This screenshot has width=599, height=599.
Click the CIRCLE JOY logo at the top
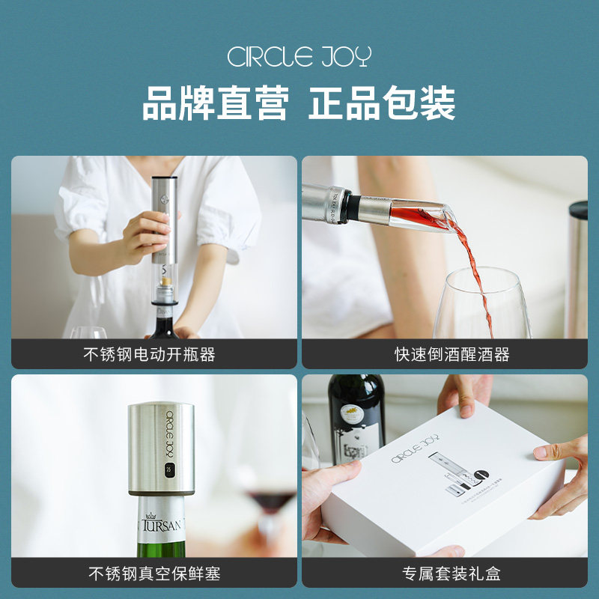tap(299, 58)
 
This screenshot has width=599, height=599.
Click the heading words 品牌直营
tap(215, 103)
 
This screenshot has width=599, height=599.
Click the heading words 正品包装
tap(383, 103)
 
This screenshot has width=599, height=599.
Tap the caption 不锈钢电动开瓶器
tap(149, 354)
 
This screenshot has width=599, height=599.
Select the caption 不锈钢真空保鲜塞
tap(154, 574)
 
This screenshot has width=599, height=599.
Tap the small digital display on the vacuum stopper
tap(169, 473)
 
